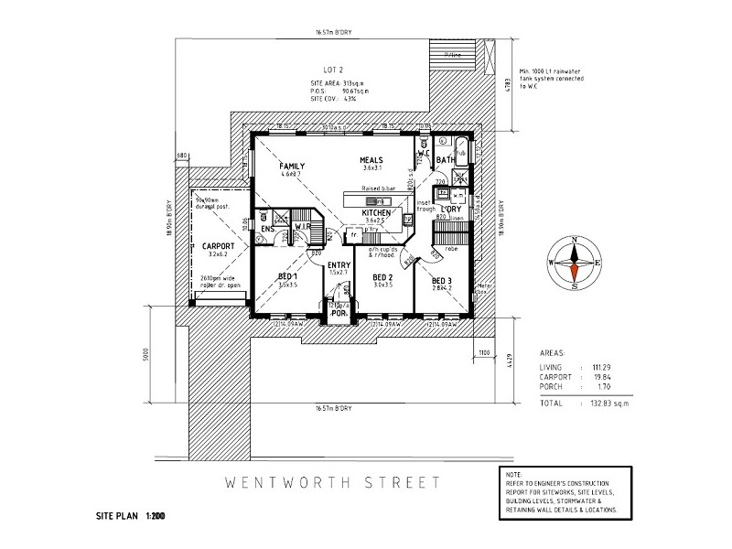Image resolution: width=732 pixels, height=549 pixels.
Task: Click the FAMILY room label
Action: [292, 166]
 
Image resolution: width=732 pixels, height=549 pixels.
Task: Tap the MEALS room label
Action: [371, 160]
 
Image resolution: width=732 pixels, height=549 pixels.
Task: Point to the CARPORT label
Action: [218, 246]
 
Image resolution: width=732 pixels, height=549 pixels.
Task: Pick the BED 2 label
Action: [382, 277]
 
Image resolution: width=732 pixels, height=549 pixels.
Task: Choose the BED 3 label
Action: [442, 280]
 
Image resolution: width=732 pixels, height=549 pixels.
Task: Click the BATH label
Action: [446, 160]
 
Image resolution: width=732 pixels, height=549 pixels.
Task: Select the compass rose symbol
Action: [574, 262]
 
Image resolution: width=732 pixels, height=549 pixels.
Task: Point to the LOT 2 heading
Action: [333, 70]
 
